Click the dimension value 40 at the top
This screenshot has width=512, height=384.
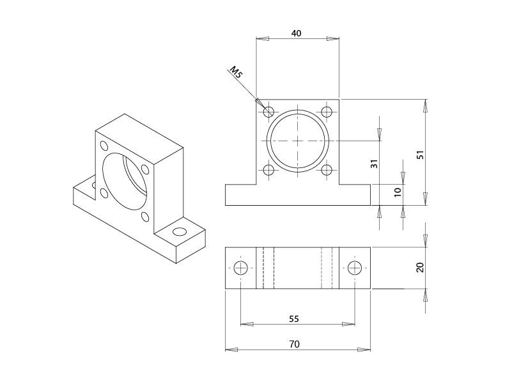coord(297,33)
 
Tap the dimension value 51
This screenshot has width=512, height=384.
coord(419,155)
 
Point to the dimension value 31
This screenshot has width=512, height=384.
coord(375,164)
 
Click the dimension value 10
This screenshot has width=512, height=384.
coord(398,192)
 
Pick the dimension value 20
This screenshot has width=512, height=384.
coord(419,267)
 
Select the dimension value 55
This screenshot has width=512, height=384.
coord(294,318)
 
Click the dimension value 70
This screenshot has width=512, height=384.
coord(294,344)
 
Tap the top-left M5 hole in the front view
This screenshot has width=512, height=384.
coord(268,112)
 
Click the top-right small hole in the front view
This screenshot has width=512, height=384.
coord(327,112)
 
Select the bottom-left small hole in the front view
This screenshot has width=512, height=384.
coord(268,170)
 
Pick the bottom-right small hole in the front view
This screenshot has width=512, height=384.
coord(327,170)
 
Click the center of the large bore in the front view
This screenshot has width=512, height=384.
coord(298,141)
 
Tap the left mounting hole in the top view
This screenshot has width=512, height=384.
coord(240,268)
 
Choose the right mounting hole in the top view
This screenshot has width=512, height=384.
coord(355,268)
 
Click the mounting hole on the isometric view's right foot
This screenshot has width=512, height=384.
coord(180,231)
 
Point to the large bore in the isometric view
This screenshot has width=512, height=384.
coord(126,180)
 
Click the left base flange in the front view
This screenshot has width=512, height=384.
coord(241,195)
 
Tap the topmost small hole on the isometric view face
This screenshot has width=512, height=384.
coord(102,144)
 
